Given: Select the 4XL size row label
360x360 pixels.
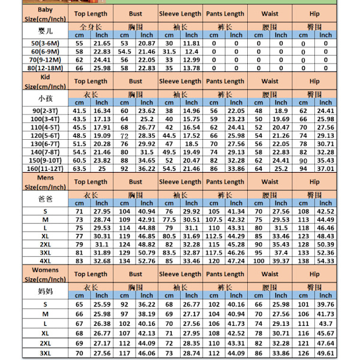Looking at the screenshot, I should tap(45, 261).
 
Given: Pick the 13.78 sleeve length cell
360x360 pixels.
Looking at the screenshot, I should tap(191, 68).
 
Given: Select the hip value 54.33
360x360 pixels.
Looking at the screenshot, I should tap(326, 261).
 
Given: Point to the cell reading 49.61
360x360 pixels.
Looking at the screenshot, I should tap(326, 353).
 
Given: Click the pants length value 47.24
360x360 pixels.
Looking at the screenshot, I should tap(236, 261).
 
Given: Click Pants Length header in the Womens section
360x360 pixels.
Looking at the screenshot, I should tap(225, 274).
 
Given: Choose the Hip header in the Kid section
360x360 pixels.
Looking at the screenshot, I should tap(314, 82).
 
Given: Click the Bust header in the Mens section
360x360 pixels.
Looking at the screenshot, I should tap(136, 182).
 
